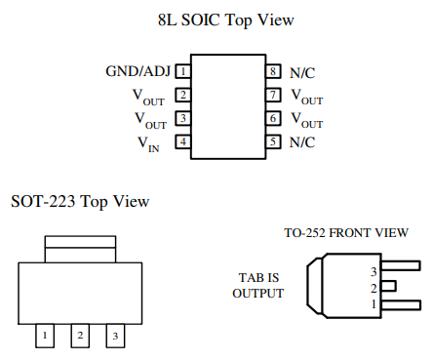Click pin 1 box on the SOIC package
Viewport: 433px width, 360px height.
tap(183, 72)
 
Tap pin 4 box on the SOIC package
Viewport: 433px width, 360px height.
tap(183, 142)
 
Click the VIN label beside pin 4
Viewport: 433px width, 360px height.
tap(149, 143)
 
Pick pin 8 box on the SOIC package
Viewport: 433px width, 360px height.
tap(274, 72)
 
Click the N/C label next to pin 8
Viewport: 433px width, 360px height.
tap(301, 72)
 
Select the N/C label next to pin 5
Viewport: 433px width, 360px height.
tap(301, 142)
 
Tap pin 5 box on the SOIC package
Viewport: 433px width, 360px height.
tap(274, 142)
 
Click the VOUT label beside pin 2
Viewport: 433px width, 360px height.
tap(149, 97)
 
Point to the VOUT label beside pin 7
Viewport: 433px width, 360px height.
tap(307, 97)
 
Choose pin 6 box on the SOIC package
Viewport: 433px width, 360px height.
tap(274, 119)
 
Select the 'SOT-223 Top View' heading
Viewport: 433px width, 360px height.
tap(80, 202)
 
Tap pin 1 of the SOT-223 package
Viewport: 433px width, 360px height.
tap(45, 336)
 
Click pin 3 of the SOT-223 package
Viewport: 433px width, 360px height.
tap(116, 336)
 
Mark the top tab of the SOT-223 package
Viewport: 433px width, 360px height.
tap(81, 248)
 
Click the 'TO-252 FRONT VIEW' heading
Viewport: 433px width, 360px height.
tap(346, 233)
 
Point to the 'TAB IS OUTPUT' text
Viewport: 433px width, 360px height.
tap(258, 284)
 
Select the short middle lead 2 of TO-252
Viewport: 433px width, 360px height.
tap(389, 287)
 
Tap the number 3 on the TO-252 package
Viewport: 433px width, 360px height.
tap(374, 270)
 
